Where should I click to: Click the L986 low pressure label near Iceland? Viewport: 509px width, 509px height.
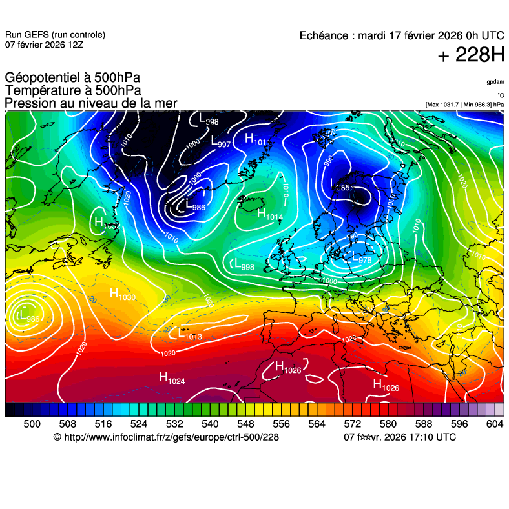[x=194, y=206]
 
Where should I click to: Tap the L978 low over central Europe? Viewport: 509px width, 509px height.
[x=361, y=257]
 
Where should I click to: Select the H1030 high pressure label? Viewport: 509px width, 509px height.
[x=122, y=295]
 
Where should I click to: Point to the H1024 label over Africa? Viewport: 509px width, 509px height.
[x=172, y=379]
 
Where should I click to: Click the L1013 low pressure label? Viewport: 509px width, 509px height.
[x=190, y=335]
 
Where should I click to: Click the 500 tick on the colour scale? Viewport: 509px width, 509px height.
[x=32, y=424]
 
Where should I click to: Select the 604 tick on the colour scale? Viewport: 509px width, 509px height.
[x=494, y=424]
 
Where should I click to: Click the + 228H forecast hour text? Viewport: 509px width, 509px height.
[x=471, y=55]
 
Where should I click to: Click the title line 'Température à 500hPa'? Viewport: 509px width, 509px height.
[x=73, y=91]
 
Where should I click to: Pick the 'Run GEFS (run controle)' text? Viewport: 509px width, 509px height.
[x=55, y=35]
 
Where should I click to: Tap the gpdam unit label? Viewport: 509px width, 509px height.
[x=495, y=82]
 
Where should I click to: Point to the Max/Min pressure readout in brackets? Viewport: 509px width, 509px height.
[x=464, y=104]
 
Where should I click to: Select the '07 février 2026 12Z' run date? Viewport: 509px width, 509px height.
[x=43, y=45]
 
